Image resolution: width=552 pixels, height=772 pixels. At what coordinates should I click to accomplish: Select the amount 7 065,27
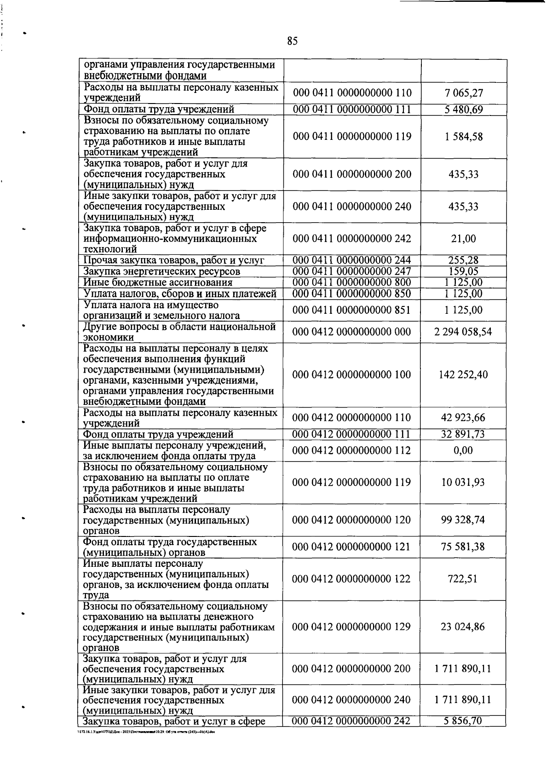point(464,93)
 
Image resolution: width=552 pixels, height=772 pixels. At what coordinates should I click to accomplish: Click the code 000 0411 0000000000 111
point(352,109)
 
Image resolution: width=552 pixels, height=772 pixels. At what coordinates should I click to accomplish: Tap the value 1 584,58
point(464,137)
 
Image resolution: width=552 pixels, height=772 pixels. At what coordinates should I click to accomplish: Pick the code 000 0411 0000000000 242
point(352,238)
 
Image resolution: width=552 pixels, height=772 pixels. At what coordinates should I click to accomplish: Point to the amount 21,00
point(464,238)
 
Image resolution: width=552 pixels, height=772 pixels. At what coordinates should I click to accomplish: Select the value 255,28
point(464,260)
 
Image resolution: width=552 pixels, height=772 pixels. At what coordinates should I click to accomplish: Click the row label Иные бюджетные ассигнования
point(158,282)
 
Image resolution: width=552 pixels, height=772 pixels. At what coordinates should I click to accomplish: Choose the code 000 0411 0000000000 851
point(352,310)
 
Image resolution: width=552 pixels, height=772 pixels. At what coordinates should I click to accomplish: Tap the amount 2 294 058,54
point(463,332)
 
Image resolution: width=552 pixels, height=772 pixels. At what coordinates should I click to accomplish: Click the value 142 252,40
point(463,374)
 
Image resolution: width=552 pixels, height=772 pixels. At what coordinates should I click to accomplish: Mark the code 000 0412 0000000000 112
point(351,450)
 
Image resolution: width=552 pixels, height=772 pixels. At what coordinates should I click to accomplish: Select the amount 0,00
point(463,450)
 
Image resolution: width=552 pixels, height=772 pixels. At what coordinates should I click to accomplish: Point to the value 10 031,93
point(463,483)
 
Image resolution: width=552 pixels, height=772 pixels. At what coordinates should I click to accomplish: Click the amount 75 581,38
point(463,547)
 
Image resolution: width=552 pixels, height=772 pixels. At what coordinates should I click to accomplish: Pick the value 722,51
point(463,579)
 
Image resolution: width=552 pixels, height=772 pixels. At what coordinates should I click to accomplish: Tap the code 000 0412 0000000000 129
point(351,627)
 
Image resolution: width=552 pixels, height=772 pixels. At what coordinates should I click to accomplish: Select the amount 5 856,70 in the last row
point(463,721)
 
